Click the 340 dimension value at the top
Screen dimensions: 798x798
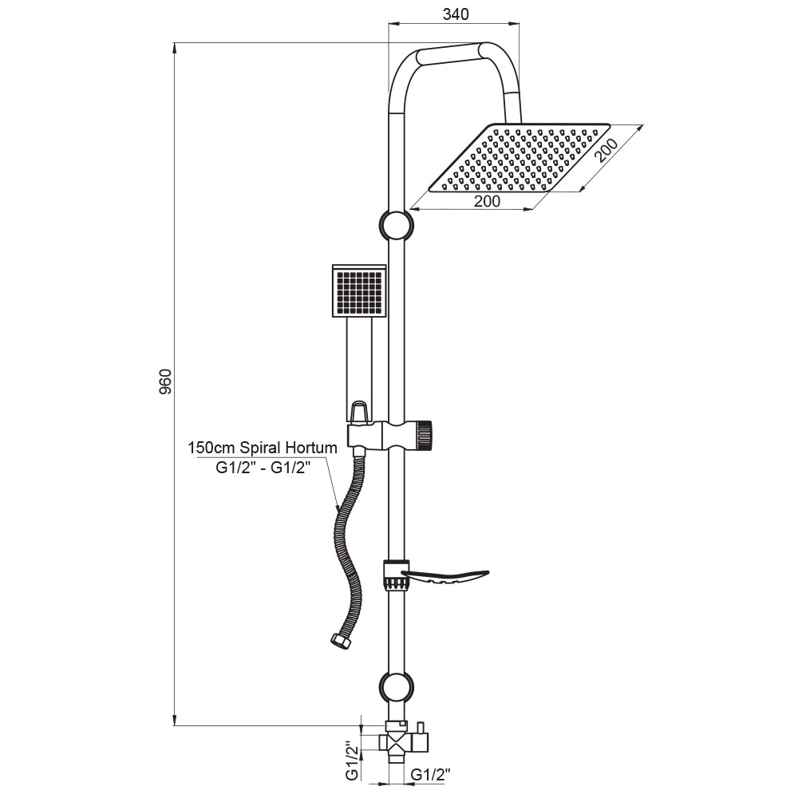tap(456, 14)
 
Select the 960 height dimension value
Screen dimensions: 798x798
tap(166, 381)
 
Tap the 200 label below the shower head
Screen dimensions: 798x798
tap(487, 202)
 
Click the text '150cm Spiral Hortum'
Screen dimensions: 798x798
tap(263, 448)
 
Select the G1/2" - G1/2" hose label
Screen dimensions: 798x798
tap(263, 467)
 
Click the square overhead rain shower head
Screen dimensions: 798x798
tap(519, 158)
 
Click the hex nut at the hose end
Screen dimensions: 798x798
tap(341, 641)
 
